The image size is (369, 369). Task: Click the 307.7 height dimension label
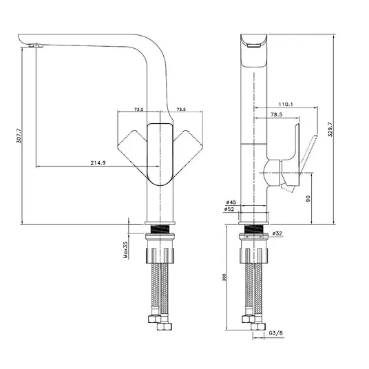[19, 136]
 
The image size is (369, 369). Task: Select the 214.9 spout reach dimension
[98, 162]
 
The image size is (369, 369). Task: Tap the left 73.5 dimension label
[139, 109]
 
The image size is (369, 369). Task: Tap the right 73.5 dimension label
[181, 109]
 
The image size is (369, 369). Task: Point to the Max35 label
[126, 250]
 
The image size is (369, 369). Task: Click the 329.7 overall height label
[330, 129]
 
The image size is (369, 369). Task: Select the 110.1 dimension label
[286, 104]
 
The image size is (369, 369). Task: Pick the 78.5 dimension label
[277, 114]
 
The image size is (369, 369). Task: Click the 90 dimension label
[308, 198]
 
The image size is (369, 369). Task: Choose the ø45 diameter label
[231, 202]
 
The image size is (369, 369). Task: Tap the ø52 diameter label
[229, 209]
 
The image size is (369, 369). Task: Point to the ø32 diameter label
[277, 233]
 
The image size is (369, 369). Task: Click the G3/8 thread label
[276, 333]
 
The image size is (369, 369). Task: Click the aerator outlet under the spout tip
[36, 45]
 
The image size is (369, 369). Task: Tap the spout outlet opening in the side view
[254, 46]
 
